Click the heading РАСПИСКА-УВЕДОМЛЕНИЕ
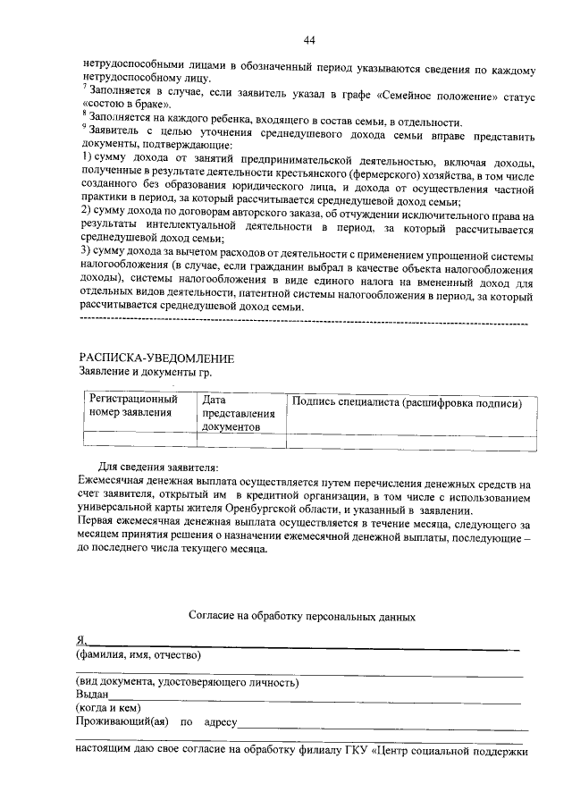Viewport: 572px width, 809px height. click(x=156, y=358)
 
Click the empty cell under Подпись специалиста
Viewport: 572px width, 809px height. click(x=411, y=439)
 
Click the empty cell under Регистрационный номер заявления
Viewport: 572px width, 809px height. click(x=139, y=439)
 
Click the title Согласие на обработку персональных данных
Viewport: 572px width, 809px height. click(x=302, y=616)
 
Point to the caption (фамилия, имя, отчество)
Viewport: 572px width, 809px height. click(x=139, y=654)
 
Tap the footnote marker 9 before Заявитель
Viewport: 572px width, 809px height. click(x=83, y=124)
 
